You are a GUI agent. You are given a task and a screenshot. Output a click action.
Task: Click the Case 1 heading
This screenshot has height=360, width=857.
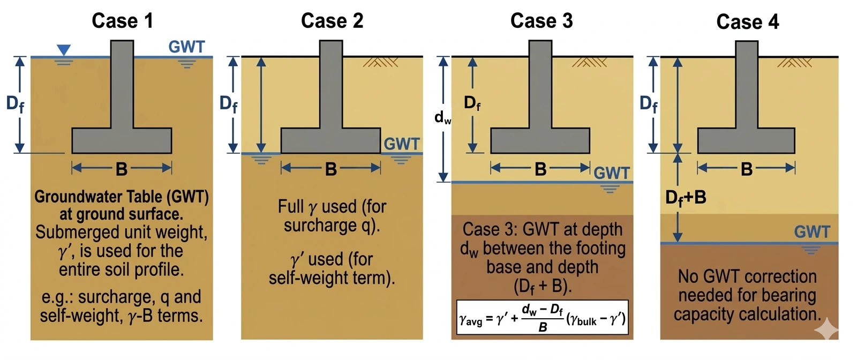(x=122, y=21)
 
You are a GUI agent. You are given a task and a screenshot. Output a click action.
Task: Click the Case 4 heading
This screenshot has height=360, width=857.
(x=747, y=22)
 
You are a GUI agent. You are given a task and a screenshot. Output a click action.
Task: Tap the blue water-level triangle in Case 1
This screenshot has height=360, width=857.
(x=63, y=50)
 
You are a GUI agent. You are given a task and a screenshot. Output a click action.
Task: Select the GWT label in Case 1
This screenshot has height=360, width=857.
(x=186, y=47)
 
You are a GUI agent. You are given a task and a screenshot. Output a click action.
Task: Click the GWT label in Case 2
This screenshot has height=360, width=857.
(x=402, y=144)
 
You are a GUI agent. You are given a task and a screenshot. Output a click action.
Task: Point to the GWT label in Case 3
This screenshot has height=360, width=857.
(x=612, y=173)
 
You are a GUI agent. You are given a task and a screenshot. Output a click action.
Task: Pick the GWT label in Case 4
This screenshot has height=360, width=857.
(x=812, y=232)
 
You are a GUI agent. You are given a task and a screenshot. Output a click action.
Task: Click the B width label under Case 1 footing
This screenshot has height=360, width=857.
(x=122, y=169)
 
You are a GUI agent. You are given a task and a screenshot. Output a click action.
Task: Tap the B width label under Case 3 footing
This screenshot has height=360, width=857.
(x=540, y=169)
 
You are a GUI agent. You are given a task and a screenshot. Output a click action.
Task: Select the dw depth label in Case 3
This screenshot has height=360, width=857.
(x=442, y=117)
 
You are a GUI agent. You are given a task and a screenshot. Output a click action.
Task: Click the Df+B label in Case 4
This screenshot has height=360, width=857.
(x=686, y=198)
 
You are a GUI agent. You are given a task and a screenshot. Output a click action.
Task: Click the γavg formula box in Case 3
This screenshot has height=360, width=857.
(x=542, y=317)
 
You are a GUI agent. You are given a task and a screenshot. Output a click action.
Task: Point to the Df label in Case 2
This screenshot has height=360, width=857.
(x=228, y=103)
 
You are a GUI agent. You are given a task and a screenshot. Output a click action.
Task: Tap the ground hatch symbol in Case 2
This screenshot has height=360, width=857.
(x=380, y=62)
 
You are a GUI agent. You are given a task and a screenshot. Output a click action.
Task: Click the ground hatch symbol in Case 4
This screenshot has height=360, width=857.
(x=795, y=62)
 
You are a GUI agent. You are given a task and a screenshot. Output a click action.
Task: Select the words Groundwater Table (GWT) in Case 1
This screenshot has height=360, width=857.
(x=122, y=197)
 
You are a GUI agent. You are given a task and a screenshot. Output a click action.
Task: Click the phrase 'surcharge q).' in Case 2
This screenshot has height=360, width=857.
(x=332, y=226)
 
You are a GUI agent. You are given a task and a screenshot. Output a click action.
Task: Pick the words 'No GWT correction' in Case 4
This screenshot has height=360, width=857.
(x=747, y=276)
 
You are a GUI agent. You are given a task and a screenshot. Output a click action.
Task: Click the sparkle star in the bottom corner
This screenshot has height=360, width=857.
(x=826, y=328)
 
